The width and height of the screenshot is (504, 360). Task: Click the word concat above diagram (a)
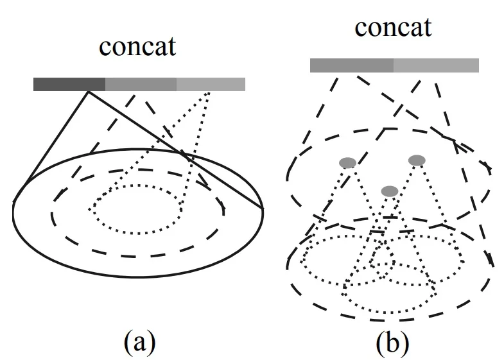coord(137,48)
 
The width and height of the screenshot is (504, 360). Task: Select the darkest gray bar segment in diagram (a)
coord(69,84)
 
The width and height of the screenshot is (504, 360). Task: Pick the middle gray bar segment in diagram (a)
coord(141,84)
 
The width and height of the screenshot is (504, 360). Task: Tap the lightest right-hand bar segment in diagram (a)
coord(211,84)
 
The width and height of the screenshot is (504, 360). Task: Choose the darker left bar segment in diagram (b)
coord(351,65)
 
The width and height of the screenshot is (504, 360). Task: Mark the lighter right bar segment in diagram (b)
coord(436,65)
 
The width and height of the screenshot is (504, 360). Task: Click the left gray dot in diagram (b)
coord(347,163)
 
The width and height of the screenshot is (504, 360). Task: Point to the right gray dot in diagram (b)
coord(417,159)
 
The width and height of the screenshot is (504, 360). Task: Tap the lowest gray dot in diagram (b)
coord(389,191)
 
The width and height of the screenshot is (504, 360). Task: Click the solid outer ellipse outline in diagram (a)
coord(137,274)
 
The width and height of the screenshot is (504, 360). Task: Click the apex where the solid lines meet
coord(88,92)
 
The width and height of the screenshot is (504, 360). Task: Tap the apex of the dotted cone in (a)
coord(209,93)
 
